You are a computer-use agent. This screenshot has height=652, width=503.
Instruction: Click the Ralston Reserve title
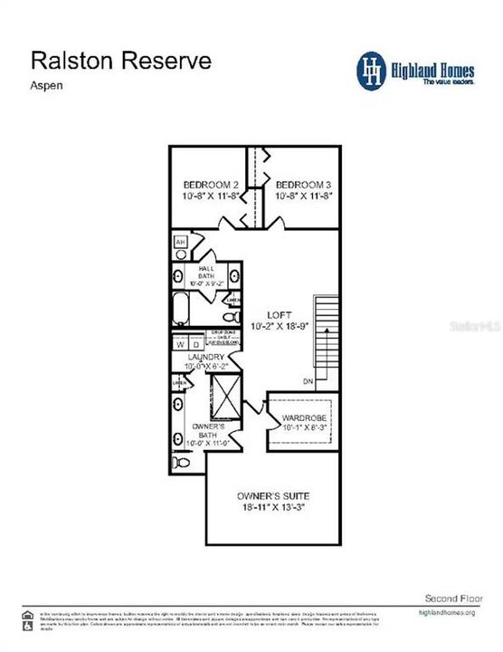pos(121,61)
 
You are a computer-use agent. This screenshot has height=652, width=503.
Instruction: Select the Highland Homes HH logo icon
pos(373,70)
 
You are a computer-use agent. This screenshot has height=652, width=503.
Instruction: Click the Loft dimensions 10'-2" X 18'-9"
pos(281,325)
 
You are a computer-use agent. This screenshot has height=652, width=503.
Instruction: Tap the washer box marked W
pos(180,345)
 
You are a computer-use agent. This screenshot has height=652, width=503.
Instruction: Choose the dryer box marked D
pos(195,345)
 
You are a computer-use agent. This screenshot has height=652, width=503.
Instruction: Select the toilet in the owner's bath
pos(183,463)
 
